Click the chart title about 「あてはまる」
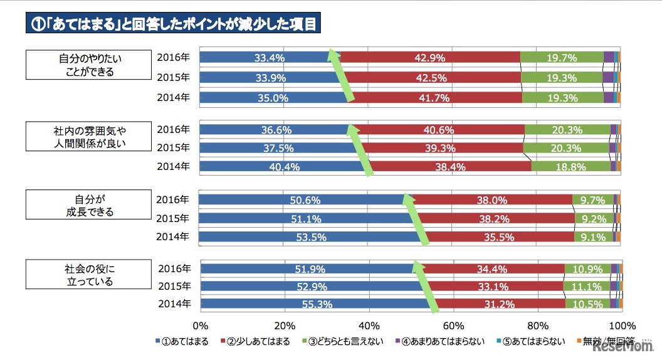pos(174,24)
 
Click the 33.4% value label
pos(270,58)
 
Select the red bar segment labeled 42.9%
pos(429,58)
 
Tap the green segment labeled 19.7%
pos(561,58)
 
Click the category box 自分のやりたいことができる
pos(86,65)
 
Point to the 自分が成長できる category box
pos(86,206)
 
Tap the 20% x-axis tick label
pos(285,326)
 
